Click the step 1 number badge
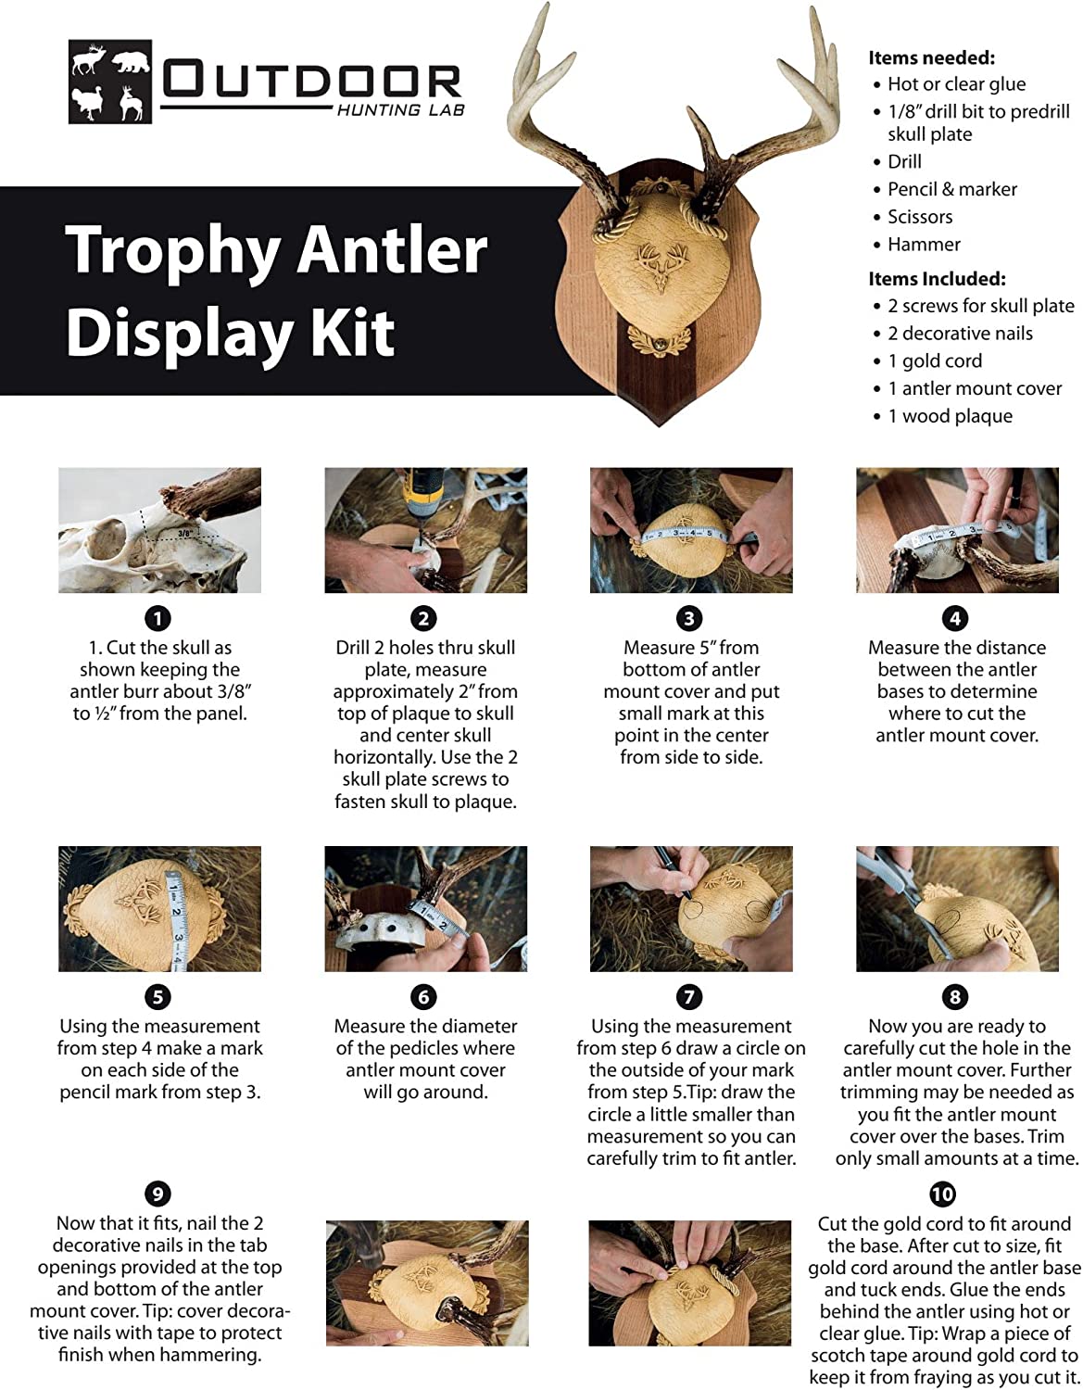[158, 618]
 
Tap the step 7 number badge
[689, 997]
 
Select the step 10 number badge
[943, 1194]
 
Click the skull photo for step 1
[159, 530]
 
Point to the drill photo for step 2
[425, 530]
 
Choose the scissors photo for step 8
[957, 908]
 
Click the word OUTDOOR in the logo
[312, 82]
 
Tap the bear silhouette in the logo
[131, 63]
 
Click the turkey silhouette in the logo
[91, 102]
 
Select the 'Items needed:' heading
[931, 57]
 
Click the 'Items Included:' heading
[936, 279]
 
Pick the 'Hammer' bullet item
[924, 245]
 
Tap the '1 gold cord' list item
[934, 361]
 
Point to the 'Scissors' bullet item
[919, 217]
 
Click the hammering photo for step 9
[427, 1283]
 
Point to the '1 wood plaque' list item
[950, 416]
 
